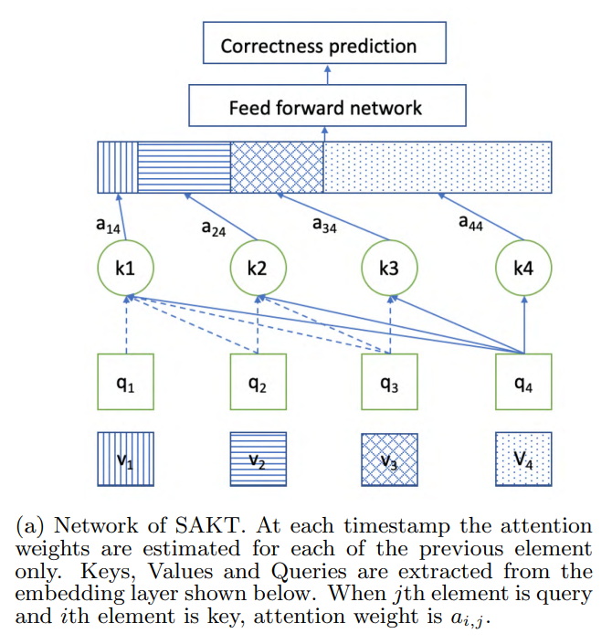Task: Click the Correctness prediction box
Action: pyautogui.click(x=318, y=46)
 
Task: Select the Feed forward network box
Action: pyautogui.click(x=324, y=107)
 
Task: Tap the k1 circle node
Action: pyautogui.click(x=126, y=269)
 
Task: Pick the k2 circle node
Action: pyautogui.click(x=258, y=269)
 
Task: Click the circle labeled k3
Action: pyautogui.click(x=391, y=269)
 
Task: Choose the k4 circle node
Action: pyautogui.click(x=523, y=269)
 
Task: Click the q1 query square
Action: pyautogui.click(x=126, y=383)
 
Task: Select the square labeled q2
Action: pyautogui.click(x=258, y=383)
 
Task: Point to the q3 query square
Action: pyautogui.click(x=391, y=383)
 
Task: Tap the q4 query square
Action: pyautogui.click(x=523, y=383)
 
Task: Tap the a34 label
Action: pyautogui.click(x=324, y=225)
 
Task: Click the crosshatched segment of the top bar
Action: pyautogui.click(x=277, y=167)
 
